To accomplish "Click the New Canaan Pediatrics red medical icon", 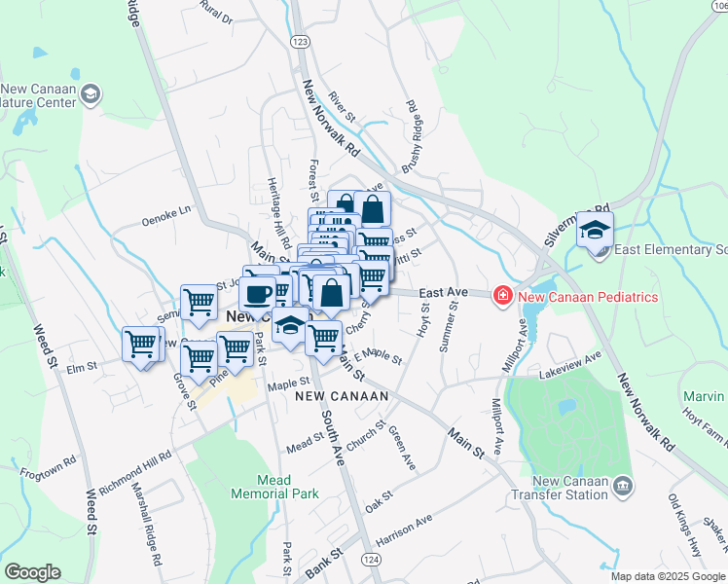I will (502, 295).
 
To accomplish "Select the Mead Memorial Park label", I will (274, 487).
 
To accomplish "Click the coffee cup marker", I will (258, 292).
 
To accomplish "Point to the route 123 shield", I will (300, 42).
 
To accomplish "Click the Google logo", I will (32, 573).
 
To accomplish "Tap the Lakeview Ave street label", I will (574, 371).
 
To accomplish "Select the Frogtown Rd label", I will (48, 466).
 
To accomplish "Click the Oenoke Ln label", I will (166, 207).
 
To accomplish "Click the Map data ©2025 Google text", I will (667, 576).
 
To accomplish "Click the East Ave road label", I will (444, 292).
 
